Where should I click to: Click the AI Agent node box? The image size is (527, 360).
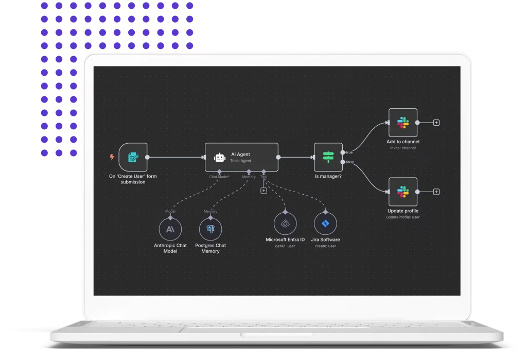point(241,157)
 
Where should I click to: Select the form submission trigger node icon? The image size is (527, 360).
point(133,157)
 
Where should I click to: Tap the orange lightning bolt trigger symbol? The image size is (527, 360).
point(112,157)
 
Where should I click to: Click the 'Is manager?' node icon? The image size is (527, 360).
point(328,157)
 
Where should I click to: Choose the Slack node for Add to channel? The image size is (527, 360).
point(402,123)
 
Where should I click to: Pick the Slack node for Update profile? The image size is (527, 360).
point(402,192)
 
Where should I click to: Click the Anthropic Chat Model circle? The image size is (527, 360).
point(170,229)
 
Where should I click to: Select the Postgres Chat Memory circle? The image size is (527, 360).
point(210,229)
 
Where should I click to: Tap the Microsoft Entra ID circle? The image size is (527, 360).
point(285,225)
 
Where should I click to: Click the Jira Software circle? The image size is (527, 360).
point(325,225)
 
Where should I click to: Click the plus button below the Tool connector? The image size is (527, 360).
point(263,191)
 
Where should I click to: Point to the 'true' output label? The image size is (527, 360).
point(349,152)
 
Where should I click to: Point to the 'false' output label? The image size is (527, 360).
point(349,162)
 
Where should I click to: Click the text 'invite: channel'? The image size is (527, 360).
point(403,148)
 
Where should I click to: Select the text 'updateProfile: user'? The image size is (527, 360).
point(403,217)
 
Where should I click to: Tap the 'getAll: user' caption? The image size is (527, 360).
point(285,246)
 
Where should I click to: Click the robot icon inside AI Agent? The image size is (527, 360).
point(220,157)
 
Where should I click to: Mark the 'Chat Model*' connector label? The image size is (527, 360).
point(219,177)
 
